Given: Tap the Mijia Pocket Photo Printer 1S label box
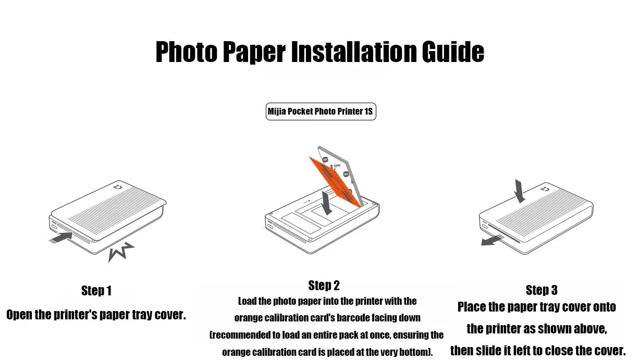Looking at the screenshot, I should click(321, 111).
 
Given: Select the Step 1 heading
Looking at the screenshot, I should click(96, 291).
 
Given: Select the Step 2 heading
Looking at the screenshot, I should click(324, 285).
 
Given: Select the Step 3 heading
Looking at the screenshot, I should click(542, 290).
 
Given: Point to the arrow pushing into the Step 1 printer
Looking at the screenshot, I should click(61, 238).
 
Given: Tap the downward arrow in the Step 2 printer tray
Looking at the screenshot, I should click(326, 203).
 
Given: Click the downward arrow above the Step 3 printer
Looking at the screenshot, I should click(520, 191).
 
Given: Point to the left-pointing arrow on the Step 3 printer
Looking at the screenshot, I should click(491, 240).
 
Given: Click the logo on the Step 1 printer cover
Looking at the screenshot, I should click(118, 187).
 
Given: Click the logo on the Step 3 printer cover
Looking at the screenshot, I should click(546, 189).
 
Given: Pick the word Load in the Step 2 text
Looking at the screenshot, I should click(247, 301).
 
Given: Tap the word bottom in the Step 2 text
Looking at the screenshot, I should click(415, 352).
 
